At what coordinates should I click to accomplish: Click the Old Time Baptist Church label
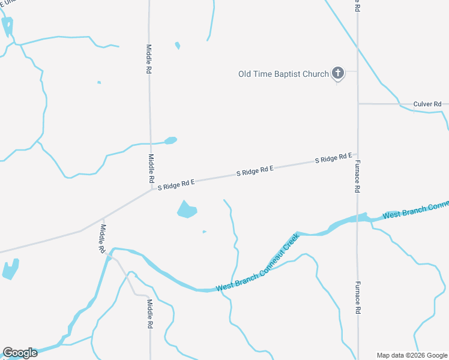tap(283, 74)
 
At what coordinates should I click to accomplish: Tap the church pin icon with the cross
tap(338, 73)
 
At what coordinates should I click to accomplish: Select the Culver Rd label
tap(427, 104)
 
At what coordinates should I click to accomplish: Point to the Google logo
tap(20, 352)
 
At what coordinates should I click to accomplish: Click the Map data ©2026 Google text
tap(412, 355)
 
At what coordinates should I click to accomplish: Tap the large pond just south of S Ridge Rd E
tap(187, 209)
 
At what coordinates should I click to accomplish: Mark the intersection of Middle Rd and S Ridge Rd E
tap(151, 188)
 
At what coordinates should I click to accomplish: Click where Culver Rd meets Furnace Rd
tap(358, 104)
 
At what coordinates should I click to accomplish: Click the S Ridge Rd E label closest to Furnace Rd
tap(334, 158)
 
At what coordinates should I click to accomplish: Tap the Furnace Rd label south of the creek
tap(357, 298)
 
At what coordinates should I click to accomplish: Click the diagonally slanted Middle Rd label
tap(103, 238)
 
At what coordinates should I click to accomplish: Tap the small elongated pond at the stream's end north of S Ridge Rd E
tap(170, 141)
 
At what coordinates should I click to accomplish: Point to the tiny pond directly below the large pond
tap(205, 232)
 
